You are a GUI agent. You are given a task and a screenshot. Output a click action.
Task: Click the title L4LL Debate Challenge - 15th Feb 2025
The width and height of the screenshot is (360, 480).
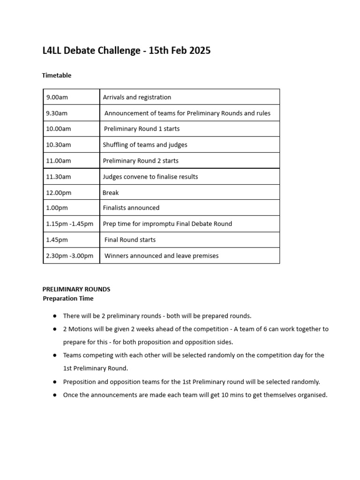coord(127,51)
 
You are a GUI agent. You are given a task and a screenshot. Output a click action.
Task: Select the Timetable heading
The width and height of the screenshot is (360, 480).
coord(57,75)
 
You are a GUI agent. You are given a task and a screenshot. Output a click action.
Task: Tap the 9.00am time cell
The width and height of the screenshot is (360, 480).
coord(57,97)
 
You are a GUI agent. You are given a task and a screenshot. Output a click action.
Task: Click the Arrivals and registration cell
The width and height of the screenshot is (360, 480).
coord(137,97)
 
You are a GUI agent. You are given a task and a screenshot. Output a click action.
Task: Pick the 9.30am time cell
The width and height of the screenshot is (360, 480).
coord(57,113)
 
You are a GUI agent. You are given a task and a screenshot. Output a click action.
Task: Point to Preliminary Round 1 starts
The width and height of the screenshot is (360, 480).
coord(142,129)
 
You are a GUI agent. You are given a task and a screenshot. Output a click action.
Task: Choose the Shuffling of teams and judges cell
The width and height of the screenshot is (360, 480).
coord(145,145)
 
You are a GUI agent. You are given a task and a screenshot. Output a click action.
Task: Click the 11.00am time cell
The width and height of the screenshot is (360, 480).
coord(59,161)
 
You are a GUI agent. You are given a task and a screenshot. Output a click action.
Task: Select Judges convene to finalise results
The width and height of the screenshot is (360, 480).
coord(150,177)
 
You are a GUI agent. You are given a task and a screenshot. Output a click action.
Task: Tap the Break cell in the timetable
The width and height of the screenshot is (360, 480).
coord(111,193)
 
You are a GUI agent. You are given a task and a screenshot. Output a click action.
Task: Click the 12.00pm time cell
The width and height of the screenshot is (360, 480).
coord(59,193)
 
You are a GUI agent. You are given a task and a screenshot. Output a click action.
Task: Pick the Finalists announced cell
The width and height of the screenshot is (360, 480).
coord(131,208)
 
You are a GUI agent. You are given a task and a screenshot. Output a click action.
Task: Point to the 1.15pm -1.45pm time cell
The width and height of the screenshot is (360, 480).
coord(70,224)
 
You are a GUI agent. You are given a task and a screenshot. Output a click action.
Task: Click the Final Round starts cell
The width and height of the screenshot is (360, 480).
coord(130,240)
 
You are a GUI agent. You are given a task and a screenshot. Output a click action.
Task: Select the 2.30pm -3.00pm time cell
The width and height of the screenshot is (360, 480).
coord(70,255)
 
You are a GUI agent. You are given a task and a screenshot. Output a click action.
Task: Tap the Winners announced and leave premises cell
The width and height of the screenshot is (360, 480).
coord(161,255)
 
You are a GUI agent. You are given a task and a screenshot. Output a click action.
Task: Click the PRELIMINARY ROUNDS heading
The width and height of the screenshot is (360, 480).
coord(76,289)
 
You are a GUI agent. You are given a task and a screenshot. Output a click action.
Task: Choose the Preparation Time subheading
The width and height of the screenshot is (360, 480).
coord(68,298)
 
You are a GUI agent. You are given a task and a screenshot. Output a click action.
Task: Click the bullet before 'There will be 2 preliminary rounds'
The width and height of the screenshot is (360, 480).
coord(55,316)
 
